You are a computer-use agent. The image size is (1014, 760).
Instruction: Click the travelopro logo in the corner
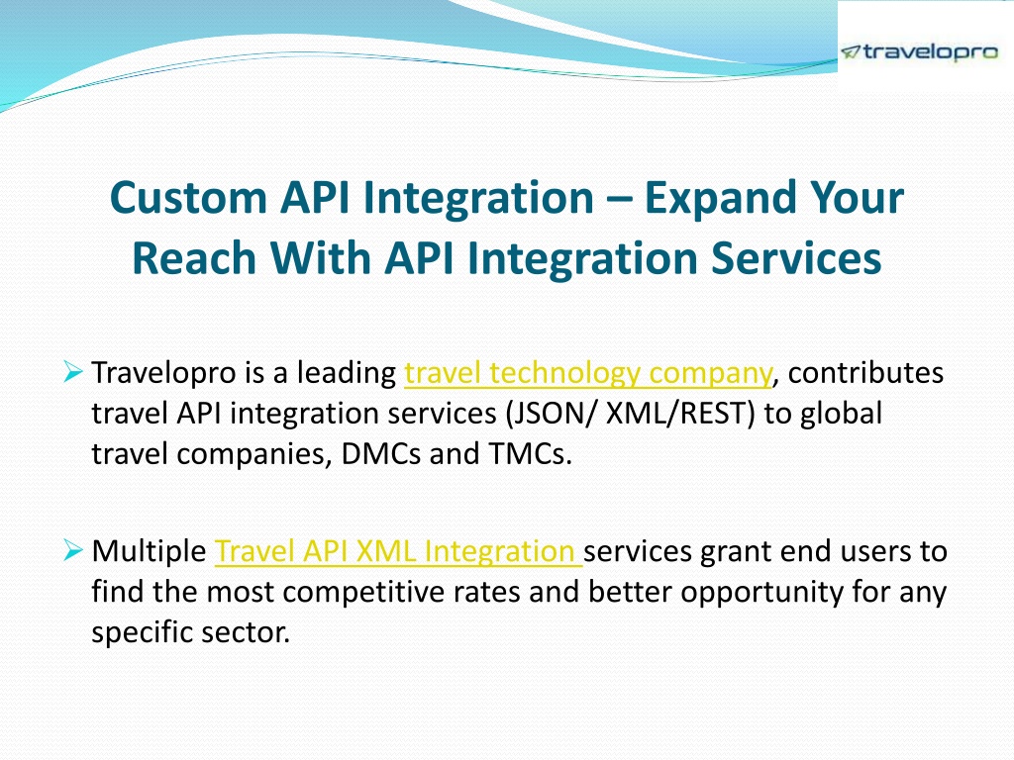click(x=919, y=52)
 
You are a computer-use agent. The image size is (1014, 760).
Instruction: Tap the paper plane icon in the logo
click(x=851, y=52)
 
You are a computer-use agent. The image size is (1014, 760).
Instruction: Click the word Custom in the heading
click(x=188, y=197)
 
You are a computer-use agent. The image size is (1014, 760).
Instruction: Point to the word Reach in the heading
click(x=195, y=258)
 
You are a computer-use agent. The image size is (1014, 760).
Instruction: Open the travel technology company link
click(x=588, y=373)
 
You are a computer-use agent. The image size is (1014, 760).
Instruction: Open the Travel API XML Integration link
click(x=398, y=551)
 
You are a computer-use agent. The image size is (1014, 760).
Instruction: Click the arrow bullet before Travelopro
click(x=73, y=372)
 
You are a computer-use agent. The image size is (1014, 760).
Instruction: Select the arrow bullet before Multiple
click(x=73, y=550)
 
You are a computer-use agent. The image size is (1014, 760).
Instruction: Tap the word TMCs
click(x=531, y=453)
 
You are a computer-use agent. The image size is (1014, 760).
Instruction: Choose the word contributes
click(x=865, y=373)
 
